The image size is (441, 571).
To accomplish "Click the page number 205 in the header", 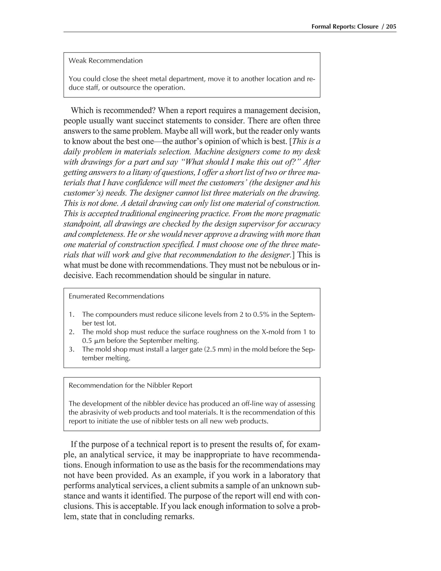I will coord(391,27).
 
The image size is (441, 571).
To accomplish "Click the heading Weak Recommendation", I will coord(106,61).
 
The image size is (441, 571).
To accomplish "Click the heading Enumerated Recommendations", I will coord(116,296).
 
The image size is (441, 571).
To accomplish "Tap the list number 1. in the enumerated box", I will coord(71,315).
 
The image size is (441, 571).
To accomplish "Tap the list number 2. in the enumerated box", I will coord(71,332).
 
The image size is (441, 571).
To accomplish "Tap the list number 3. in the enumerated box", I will coord(71,349).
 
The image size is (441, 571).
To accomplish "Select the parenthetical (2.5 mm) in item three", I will coord(214,349).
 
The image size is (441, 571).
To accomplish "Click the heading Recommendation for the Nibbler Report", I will coord(130,385).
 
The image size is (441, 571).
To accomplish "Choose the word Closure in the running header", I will coord(367,27).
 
